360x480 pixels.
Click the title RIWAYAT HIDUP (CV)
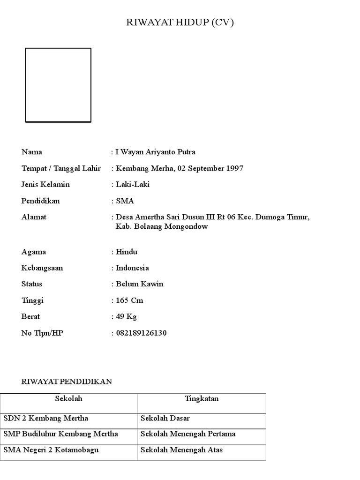click(x=180, y=23)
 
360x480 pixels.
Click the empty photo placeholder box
click(x=58, y=85)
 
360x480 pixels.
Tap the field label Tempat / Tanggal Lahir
click(x=61, y=168)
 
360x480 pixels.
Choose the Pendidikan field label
click(x=41, y=201)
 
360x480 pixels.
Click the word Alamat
click(x=34, y=217)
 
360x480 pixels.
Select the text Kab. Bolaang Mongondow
click(x=162, y=227)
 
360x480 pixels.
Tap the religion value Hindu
click(x=127, y=252)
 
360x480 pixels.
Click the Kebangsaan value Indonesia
click(x=132, y=268)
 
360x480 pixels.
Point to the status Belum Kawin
click(x=139, y=284)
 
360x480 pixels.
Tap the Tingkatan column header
click(x=202, y=399)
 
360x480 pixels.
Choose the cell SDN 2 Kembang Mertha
click(x=46, y=418)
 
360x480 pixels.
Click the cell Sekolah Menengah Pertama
click(x=188, y=434)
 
